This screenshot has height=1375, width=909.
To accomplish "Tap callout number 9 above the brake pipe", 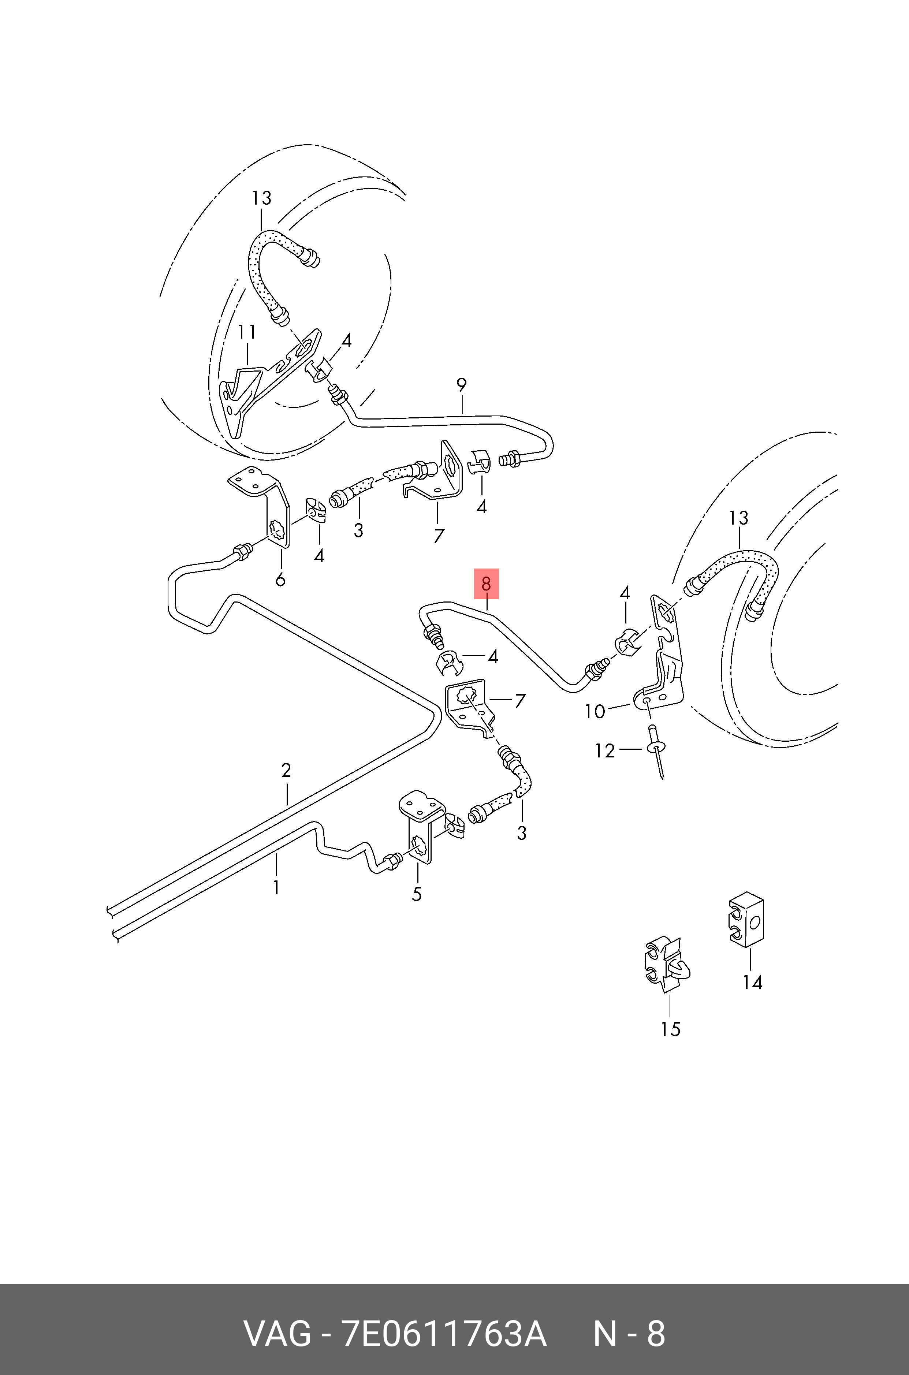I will [x=462, y=384].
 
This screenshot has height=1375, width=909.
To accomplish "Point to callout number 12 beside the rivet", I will [x=605, y=751].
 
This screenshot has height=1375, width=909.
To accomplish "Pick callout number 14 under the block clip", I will [x=752, y=983].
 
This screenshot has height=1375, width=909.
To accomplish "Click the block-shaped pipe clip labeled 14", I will [x=747, y=919].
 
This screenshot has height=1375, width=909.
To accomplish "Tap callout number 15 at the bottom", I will [x=670, y=1029].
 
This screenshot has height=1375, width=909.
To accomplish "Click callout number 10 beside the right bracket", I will [x=595, y=711].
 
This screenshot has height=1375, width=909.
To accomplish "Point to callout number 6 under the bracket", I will [x=280, y=579].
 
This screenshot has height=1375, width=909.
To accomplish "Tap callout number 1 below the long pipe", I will [x=276, y=887].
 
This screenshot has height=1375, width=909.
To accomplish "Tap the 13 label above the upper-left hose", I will [x=261, y=198].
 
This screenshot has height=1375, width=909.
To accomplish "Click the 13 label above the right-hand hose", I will [x=738, y=518].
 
